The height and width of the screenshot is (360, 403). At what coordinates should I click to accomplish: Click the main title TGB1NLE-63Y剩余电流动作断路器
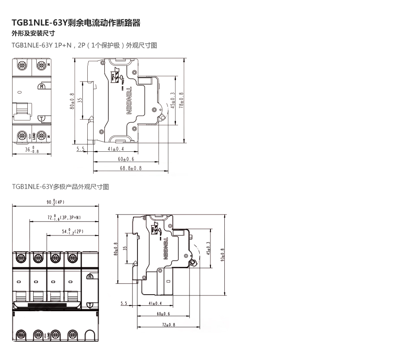pos(76,23)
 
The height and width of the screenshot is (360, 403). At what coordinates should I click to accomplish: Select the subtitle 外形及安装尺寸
pos(33,34)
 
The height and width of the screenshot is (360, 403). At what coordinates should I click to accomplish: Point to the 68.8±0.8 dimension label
pos(130,168)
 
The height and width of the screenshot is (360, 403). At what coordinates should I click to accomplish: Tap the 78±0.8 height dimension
pos(181,101)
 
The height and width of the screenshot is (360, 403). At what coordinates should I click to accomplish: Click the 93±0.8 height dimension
pos(223,255)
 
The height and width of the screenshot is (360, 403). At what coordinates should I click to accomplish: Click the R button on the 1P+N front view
pos(42,86)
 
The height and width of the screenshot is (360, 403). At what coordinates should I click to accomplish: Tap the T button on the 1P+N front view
pos(42,118)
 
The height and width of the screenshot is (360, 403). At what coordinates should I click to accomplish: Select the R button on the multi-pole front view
pos(90,277)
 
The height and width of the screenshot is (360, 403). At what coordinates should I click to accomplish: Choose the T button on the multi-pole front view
pos(90,304)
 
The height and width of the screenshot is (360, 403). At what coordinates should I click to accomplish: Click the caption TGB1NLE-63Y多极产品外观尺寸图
pos(60,186)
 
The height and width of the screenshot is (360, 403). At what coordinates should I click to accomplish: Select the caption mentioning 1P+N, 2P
pos(85,45)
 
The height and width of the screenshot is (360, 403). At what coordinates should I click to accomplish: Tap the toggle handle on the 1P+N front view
pos(21,110)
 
